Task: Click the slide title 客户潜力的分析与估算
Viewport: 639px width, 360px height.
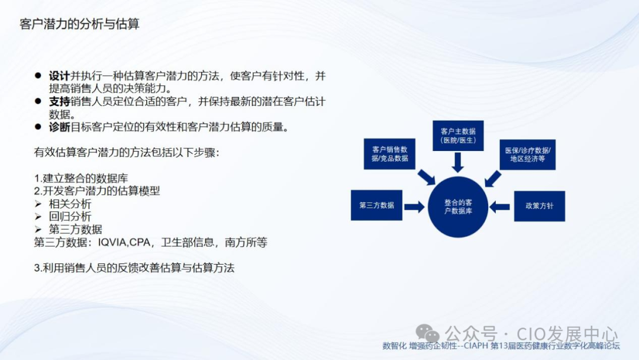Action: coord(79,24)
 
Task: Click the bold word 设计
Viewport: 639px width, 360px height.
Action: coord(59,76)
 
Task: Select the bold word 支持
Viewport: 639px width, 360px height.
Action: coord(59,102)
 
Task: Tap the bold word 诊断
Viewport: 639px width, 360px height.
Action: coord(59,127)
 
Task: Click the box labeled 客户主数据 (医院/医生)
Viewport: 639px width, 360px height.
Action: coord(458,135)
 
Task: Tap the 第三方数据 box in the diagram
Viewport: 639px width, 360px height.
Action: coord(376,205)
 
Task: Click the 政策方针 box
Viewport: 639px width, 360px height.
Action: coord(539,206)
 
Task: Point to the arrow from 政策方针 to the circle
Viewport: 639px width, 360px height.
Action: coord(500,206)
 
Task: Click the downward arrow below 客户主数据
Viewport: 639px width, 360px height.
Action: coord(458,162)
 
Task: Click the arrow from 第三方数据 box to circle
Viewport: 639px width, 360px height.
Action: coord(414,206)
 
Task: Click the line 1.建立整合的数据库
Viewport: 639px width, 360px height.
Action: coord(81,178)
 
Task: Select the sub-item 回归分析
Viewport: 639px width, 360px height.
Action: coord(70,217)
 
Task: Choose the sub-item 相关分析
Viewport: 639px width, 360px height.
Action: coord(70,204)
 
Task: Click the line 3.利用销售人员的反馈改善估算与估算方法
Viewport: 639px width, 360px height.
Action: coord(134,268)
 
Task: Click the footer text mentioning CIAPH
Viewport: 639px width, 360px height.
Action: coord(501,346)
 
